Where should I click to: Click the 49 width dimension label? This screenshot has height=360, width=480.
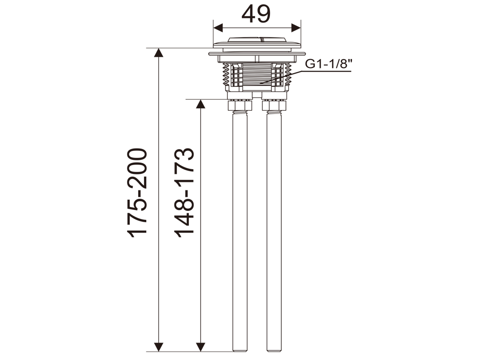coord(256,14)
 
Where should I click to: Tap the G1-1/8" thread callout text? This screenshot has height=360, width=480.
coord(329,64)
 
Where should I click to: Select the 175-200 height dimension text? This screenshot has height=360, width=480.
coord(137,193)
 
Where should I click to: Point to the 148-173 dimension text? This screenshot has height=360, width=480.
coord(184,193)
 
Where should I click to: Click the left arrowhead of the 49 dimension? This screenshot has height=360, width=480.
coord(218,28)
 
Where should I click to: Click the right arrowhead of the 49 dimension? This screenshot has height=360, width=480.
coord(296,28)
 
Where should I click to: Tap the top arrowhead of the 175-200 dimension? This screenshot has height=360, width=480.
coord(158,52)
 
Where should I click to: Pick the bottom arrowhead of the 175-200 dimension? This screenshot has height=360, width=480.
coord(158,347)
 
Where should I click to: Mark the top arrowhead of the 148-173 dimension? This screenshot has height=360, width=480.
coord(201,104)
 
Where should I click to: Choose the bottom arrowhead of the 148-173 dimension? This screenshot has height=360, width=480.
coord(201,347)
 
